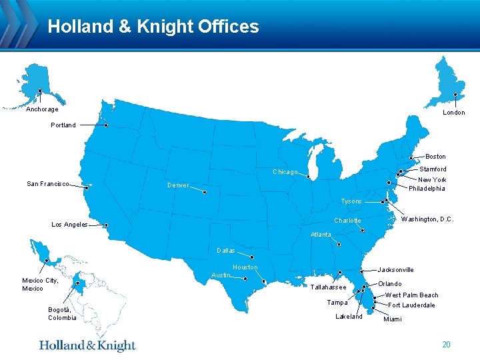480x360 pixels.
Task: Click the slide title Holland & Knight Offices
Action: [153, 27]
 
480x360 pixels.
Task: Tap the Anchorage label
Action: [42, 109]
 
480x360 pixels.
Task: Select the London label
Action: [454, 113]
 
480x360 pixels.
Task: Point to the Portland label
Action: [63, 125]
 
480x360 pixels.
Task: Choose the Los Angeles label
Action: [69, 225]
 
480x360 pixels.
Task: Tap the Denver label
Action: [178, 185]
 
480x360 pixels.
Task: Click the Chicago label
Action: [285, 172]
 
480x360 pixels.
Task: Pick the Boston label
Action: [435, 157]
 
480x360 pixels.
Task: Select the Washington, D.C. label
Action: [427, 219]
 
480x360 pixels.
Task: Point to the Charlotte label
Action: [347, 221]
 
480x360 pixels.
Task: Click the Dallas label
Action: [226, 251]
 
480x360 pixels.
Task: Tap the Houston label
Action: [245, 267]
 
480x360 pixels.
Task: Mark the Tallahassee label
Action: [329, 287]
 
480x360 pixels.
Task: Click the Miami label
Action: [393, 319]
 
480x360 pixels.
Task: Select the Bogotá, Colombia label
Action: [62, 313]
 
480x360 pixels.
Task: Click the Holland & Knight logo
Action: [87, 345]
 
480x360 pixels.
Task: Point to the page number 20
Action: [446, 344]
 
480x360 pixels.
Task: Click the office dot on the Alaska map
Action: [40, 91]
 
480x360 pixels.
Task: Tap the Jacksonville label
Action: [395, 270]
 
